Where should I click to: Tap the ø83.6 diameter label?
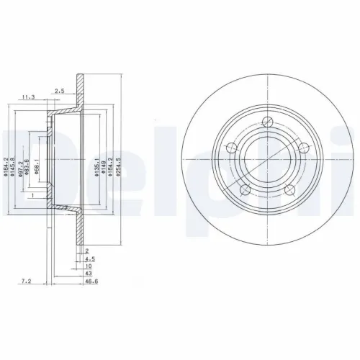click(x=28, y=166)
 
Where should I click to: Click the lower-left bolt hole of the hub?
click(x=245, y=189)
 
